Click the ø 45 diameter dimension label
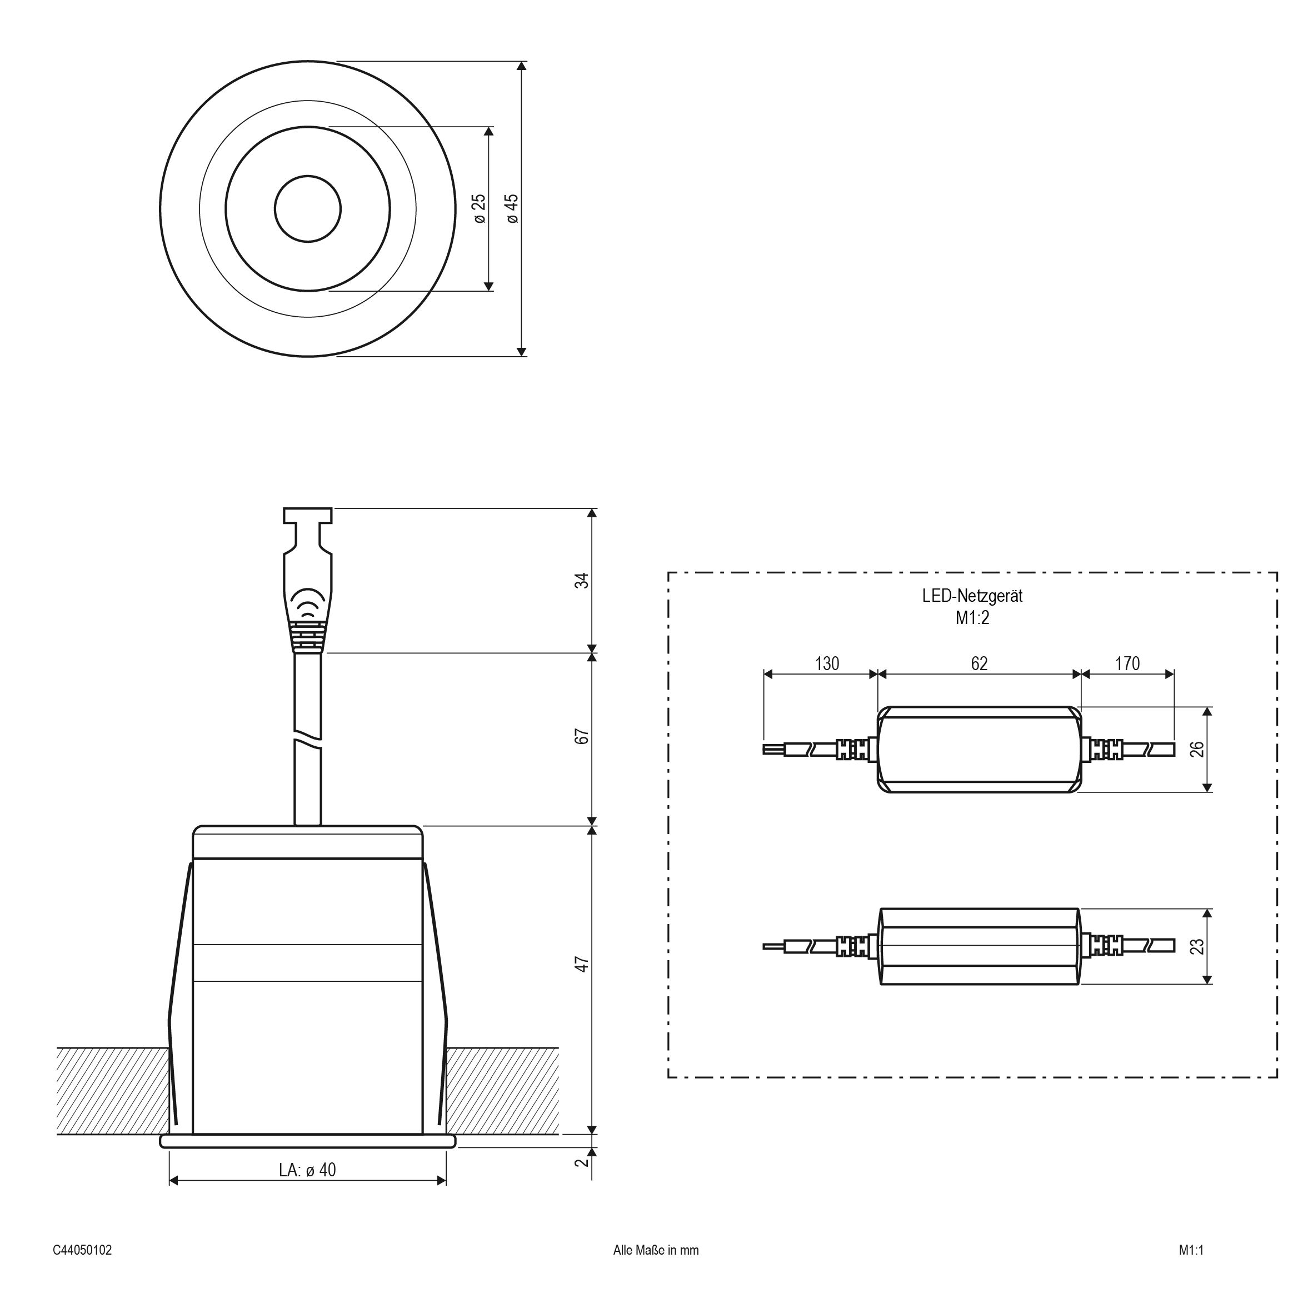click(x=512, y=208)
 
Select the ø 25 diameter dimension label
click(x=480, y=208)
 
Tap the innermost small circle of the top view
click(x=308, y=208)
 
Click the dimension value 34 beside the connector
click(x=582, y=581)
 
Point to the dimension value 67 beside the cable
click(x=582, y=736)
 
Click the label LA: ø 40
click(x=307, y=1170)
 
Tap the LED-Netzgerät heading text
click(x=972, y=596)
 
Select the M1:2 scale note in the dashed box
click(x=972, y=618)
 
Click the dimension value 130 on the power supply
click(x=827, y=663)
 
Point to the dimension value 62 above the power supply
click(x=979, y=663)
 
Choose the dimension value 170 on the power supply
click(x=1127, y=663)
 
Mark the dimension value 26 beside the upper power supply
click(x=1197, y=749)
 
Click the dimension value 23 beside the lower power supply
click(x=1197, y=946)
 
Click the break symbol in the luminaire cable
click(x=308, y=736)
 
